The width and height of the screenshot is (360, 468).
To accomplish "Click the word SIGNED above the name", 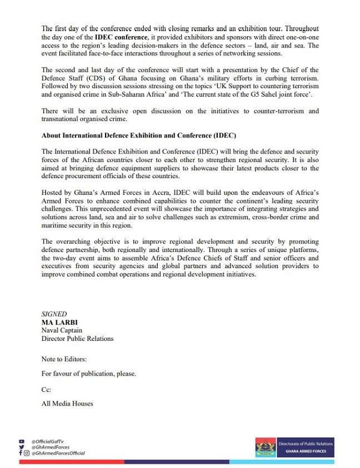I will [x=55, y=314].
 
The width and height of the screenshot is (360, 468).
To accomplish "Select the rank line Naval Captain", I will [x=62, y=330].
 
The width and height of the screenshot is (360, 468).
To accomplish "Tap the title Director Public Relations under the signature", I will [x=77, y=338].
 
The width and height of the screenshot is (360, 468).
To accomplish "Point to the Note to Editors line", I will [x=64, y=359].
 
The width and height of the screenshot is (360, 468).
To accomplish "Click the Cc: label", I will [x=46, y=389].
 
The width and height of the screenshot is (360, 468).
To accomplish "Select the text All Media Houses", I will [x=67, y=404].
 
